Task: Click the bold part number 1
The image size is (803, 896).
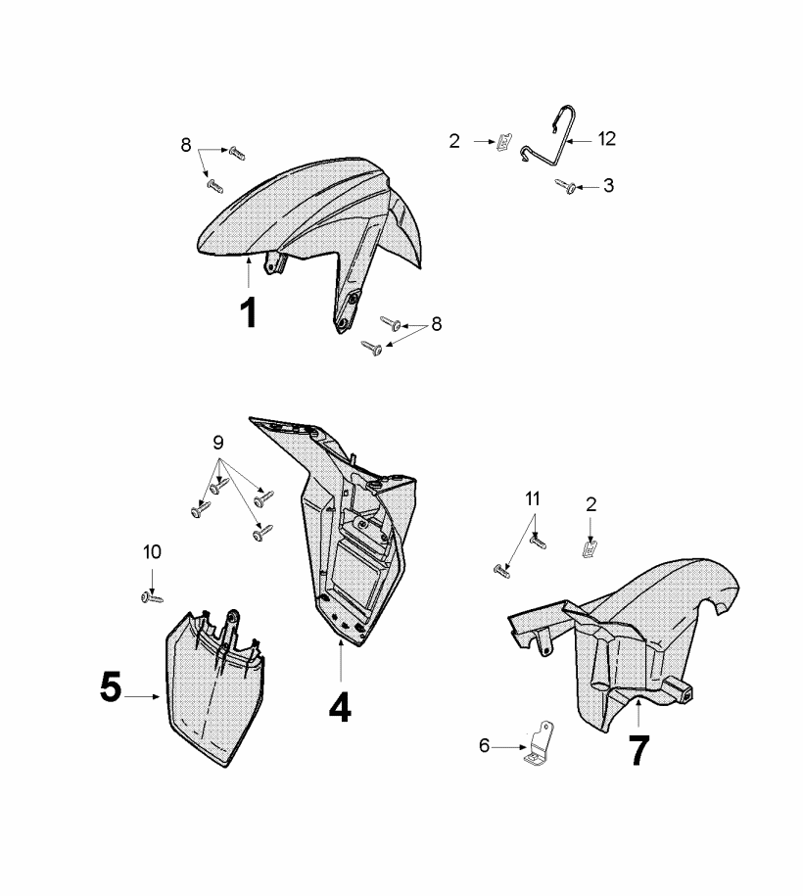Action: click(249, 313)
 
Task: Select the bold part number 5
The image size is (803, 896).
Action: click(111, 686)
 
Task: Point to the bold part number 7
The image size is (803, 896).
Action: click(638, 750)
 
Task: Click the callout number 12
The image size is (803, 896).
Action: click(607, 139)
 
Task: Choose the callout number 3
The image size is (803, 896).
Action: click(609, 185)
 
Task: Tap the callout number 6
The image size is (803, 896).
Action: click(484, 746)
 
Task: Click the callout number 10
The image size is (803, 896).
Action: click(152, 552)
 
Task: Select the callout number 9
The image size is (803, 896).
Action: click(217, 443)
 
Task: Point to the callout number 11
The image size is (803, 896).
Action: click(533, 498)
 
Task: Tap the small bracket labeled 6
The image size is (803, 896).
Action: click(539, 743)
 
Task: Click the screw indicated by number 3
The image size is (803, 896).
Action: click(566, 186)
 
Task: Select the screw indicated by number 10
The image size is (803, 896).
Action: click(152, 597)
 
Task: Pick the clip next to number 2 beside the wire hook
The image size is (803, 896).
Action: click(503, 141)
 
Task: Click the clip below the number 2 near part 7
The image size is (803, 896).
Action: click(590, 548)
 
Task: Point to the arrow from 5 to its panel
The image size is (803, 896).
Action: click(142, 696)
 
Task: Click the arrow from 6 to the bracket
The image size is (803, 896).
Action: click(509, 747)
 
